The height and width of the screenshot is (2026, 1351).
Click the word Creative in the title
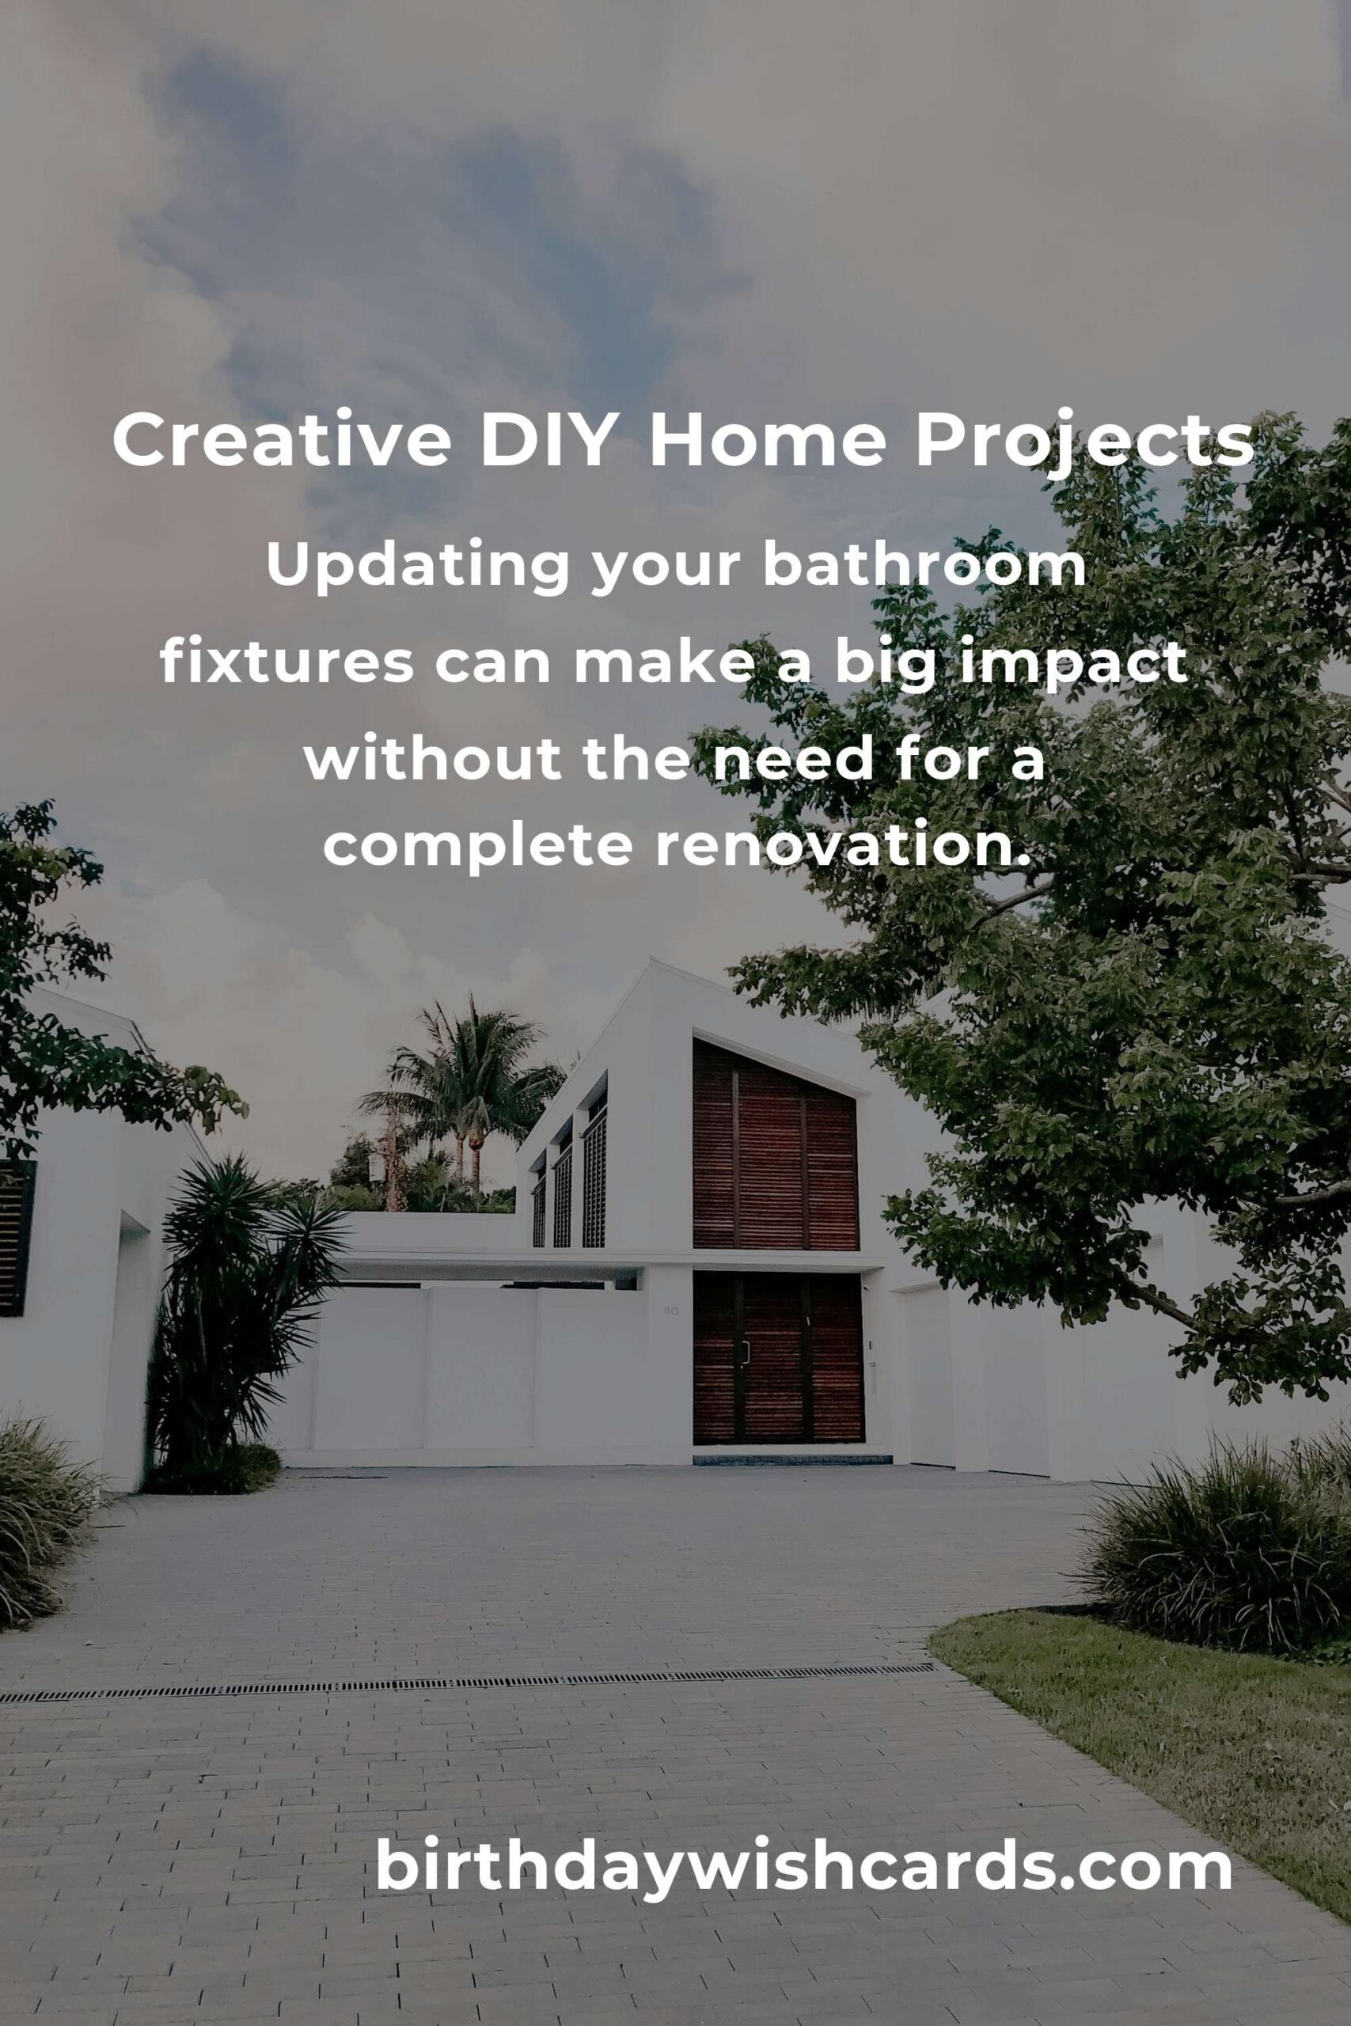282,441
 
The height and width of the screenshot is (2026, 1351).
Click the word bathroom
924,566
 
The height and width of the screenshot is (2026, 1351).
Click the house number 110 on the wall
670,1311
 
